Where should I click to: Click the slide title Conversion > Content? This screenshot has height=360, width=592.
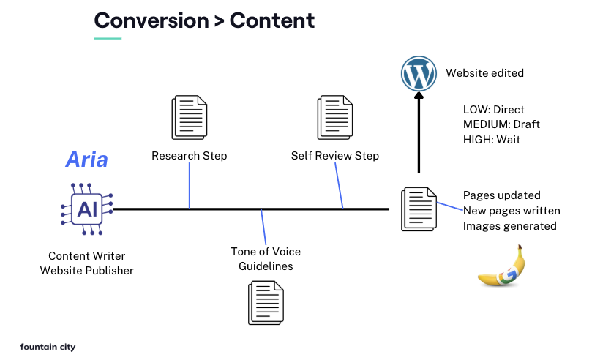(204, 20)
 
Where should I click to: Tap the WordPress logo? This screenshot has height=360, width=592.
(419, 74)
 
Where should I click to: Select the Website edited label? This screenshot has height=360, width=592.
(484, 73)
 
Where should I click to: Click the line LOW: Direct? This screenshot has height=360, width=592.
(494, 110)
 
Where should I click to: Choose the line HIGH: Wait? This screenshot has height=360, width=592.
(492, 139)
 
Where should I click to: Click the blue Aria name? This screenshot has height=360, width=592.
(87, 159)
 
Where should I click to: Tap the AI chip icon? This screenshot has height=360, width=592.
(87, 209)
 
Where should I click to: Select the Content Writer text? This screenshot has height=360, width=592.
(87, 255)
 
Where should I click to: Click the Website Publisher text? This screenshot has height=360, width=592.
(87, 271)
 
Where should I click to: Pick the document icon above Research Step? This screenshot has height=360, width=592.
(189, 117)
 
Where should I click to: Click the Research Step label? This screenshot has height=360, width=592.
(189, 156)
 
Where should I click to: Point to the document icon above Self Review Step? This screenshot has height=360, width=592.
(335, 117)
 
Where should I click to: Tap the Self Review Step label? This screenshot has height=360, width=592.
(335, 156)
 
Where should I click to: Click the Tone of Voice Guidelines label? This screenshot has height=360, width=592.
(266, 259)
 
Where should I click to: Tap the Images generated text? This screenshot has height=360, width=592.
(509, 226)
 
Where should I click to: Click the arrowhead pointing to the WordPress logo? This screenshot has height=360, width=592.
(419, 97)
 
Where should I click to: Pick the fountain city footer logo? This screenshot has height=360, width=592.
(48, 347)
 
